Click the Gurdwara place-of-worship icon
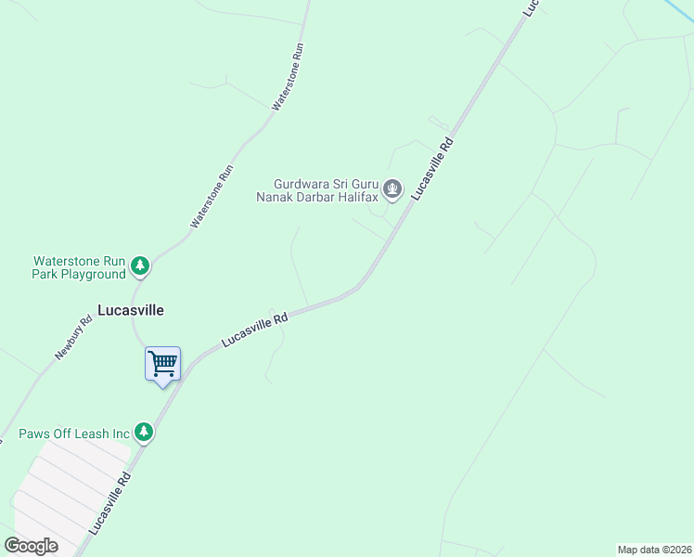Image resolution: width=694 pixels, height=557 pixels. pos(393,190)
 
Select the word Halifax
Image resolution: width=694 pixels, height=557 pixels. pos(355,197)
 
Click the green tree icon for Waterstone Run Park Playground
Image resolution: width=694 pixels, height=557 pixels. pos(140,267)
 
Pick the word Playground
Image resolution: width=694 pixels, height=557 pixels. pos(95,274)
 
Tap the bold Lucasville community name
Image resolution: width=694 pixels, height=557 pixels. pos(131,311)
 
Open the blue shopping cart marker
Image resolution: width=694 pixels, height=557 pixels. pos(162,364)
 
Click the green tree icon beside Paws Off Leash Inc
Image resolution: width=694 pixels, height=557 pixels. pos(143,432)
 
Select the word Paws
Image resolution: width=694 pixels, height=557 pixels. pos(35,434)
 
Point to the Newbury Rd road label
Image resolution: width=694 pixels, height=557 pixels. pos(73,339)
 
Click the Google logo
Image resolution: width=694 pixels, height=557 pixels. pos(32,546)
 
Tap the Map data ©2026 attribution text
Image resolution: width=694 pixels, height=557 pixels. pos(654,550)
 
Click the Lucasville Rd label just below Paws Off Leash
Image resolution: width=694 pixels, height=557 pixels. pos(110,501)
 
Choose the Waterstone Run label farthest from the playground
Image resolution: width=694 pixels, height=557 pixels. pos(288,77)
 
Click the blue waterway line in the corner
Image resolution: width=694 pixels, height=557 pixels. pos(681,9)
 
